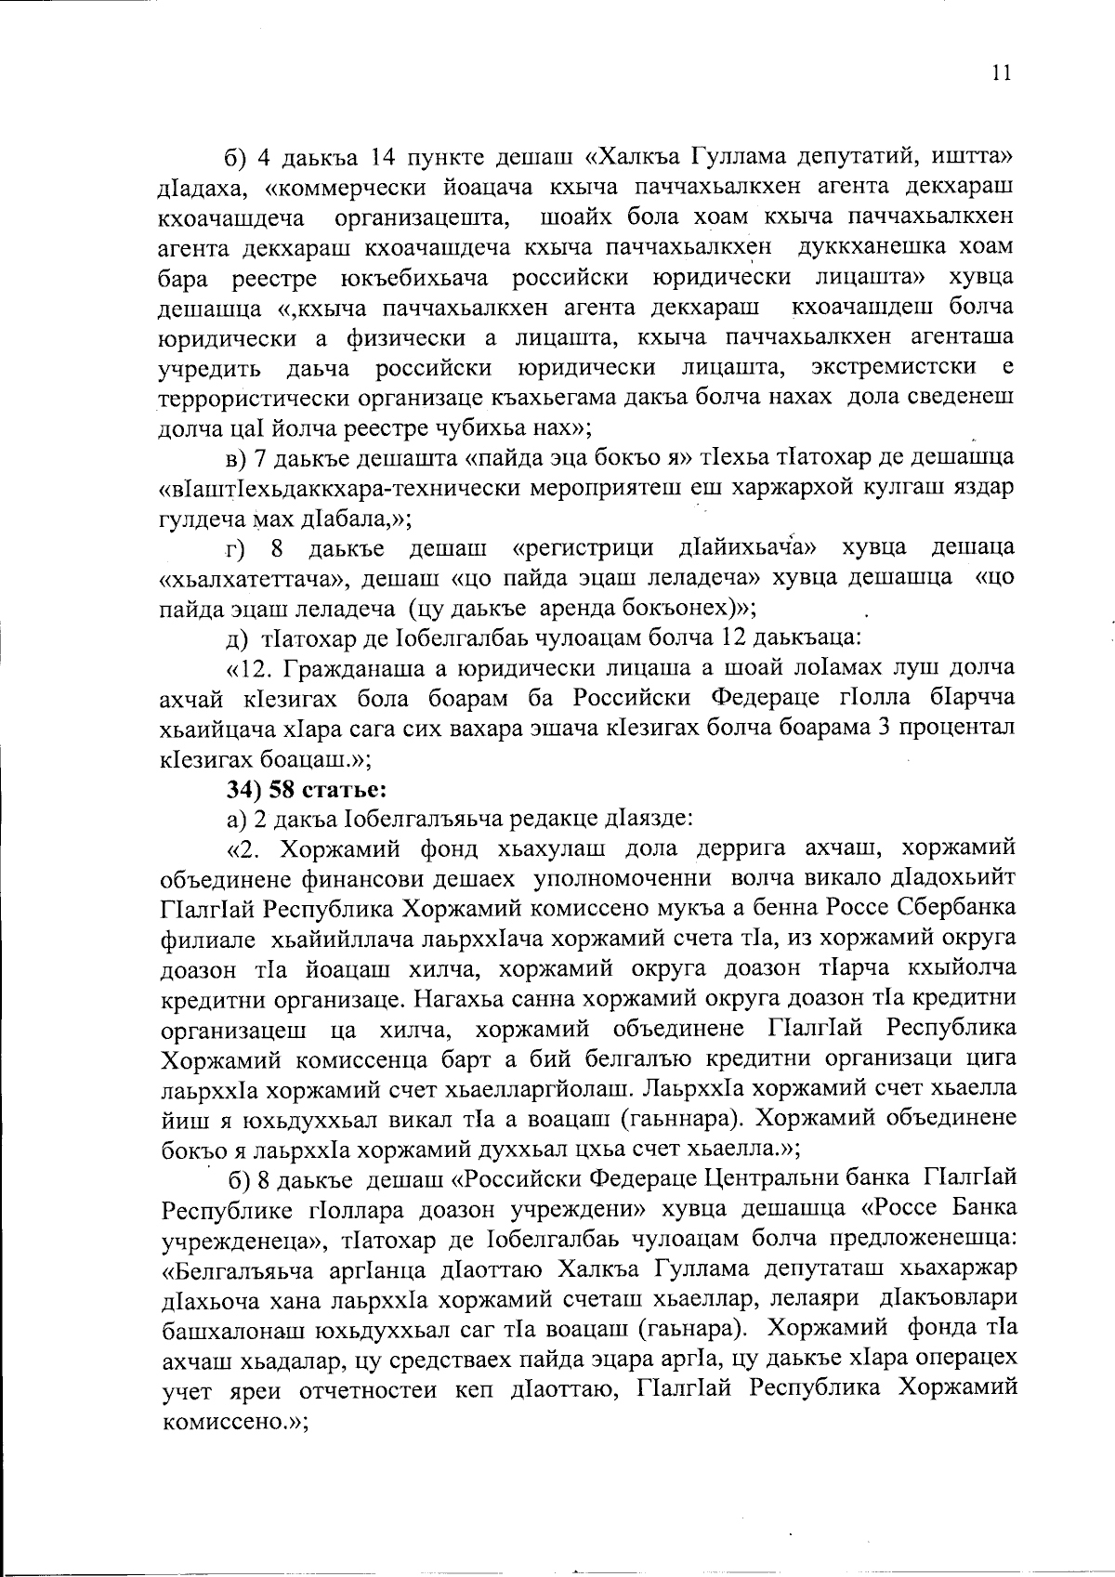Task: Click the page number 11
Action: click(1002, 73)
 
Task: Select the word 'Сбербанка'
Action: click(962, 907)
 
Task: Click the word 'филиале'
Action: click(202, 937)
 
